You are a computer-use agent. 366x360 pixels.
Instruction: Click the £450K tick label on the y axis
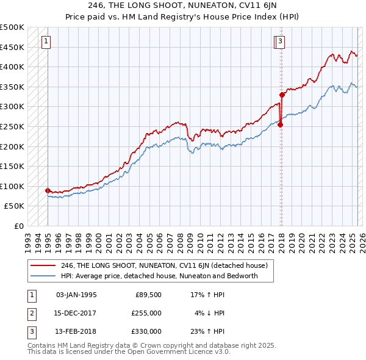tap(12, 47)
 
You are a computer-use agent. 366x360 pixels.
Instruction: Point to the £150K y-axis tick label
tap(12, 166)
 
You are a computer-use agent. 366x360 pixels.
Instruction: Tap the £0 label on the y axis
tap(19, 226)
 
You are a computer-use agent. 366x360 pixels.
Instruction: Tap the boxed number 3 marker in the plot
tap(279, 41)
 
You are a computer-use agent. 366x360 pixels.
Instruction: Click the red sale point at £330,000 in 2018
tap(282, 95)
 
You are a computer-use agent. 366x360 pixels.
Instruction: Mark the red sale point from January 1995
tap(48, 190)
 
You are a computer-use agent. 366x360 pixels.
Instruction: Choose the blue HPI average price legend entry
tap(159, 276)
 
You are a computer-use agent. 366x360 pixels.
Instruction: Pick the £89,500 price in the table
tap(148, 295)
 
